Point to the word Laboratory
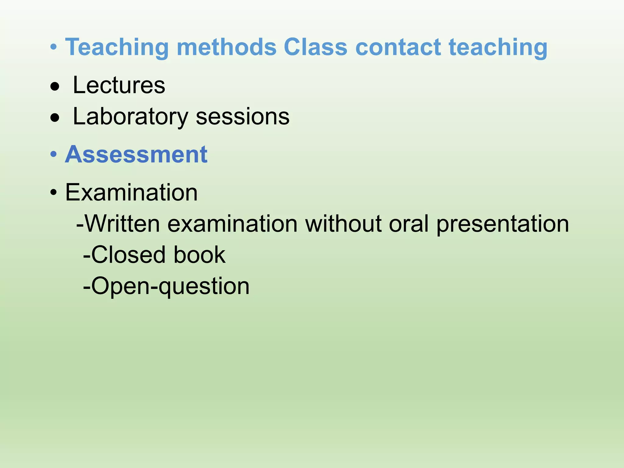coord(130,117)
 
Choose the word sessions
coord(243,117)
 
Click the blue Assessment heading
coord(136,154)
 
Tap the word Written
coord(122,224)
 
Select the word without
coord(343,224)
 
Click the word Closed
coord(128,255)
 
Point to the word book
coord(200,255)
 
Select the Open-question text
coord(166,286)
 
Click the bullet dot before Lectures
coord(55,87)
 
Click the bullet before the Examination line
coord(54,193)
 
